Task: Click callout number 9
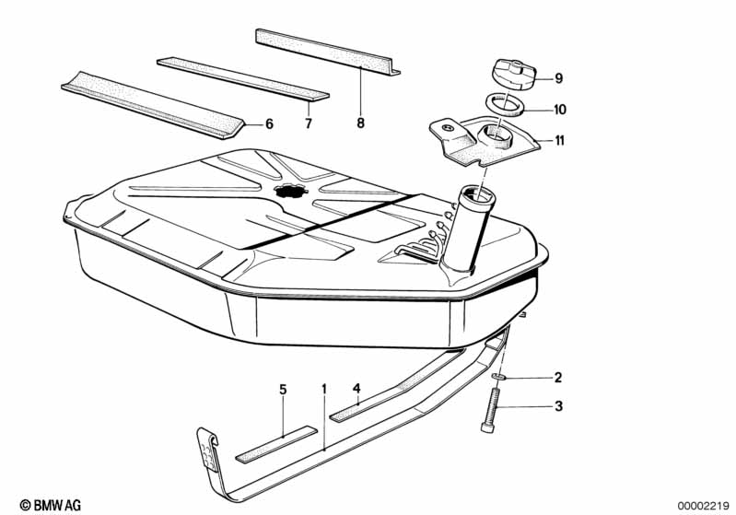(558, 78)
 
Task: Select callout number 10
(559, 110)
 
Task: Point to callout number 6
(269, 123)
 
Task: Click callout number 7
(309, 123)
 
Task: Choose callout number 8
(361, 123)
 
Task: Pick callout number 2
(557, 378)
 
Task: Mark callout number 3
(557, 406)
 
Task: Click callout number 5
(284, 390)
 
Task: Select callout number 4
(356, 390)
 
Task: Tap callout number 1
(323, 390)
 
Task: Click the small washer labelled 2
(499, 379)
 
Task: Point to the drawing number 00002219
(703, 505)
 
